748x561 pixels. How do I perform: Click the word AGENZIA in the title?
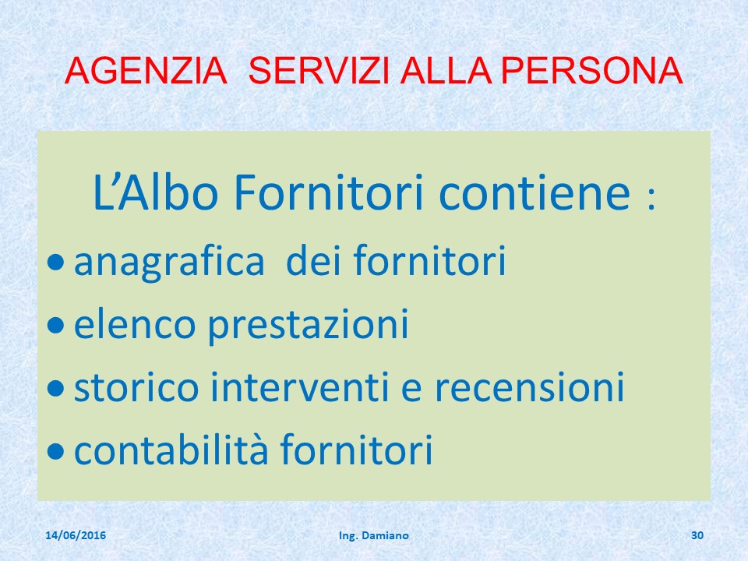tap(146, 71)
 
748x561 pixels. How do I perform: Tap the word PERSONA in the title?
tap(592, 71)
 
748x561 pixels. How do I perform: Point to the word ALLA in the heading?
tap(446, 71)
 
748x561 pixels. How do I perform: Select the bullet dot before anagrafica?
tap(56, 262)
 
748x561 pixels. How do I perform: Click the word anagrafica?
tap(169, 262)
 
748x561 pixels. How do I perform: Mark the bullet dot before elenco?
tap(56, 326)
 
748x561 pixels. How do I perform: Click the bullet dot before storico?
tap(56, 388)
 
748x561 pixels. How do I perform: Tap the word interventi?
tap(299, 387)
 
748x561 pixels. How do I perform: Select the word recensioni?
tap(530, 387)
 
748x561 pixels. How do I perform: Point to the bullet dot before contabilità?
tap(56, 451)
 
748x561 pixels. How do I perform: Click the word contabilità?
tap(171, 449)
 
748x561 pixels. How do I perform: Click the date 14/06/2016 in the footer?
tap(76, 535)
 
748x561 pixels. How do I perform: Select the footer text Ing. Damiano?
tap(373, 536)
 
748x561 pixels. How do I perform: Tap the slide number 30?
tap(697, 535)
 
